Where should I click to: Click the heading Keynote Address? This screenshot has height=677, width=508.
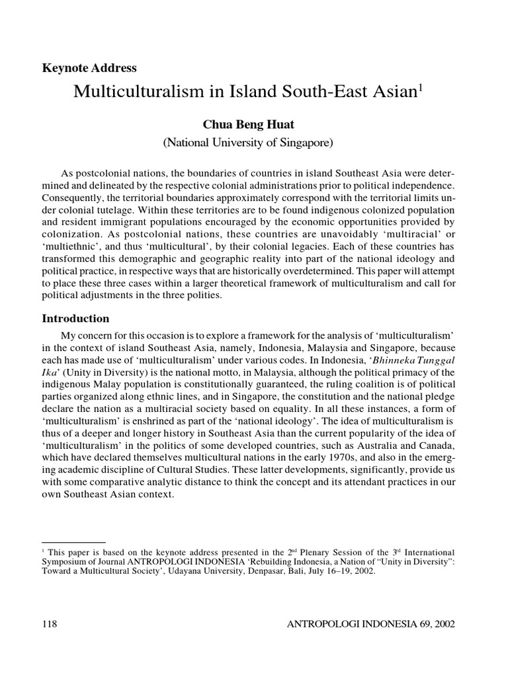(x=89, y=67)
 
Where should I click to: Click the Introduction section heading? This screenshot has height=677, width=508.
(x=75, y=318)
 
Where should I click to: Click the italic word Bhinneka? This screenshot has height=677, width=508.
(x=392, y=360)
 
